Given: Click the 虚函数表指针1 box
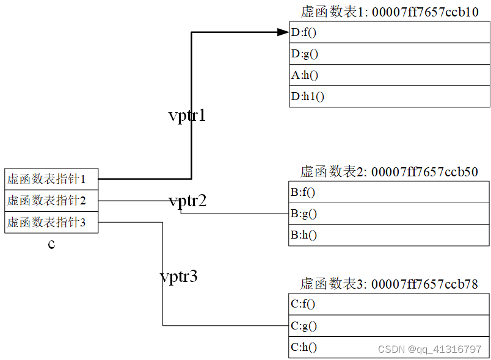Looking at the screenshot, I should pyautogui.click(x=51, y=179).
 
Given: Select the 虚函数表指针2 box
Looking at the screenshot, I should pyautogui.click(x=51, y=200).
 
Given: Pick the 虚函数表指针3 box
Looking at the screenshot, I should pyautogui.click(x=51, y=222).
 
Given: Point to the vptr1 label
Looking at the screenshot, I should pyautogui.click(x=187, y=115).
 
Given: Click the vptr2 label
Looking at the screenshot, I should pyautogui.click(x=187, y=201).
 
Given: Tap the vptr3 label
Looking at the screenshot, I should pyautogui.click(x=178, y=276).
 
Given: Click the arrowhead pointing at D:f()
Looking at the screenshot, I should pyautogui.click(x=283, y=32).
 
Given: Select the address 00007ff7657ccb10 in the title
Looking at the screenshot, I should pyautogui.click(x=424, y=12).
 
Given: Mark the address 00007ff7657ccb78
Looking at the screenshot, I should pyautogui.click(x=424, y=284).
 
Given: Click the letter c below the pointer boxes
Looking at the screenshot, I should pyautogui.click(x=51, y=244).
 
